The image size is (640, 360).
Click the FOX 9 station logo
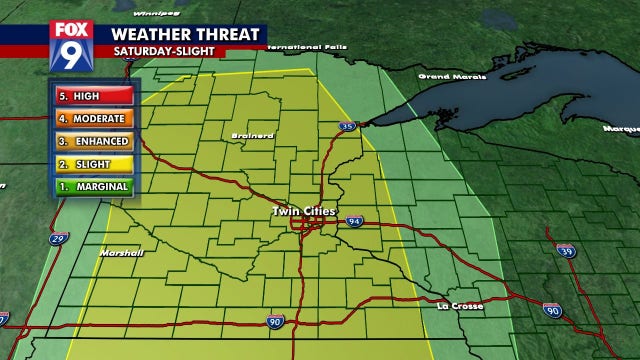[71, 47]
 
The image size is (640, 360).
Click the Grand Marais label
[447, 76]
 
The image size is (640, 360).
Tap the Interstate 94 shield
[354, 220]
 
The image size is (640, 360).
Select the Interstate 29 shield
[60, 238]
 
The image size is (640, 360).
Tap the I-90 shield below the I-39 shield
[553, 312]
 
